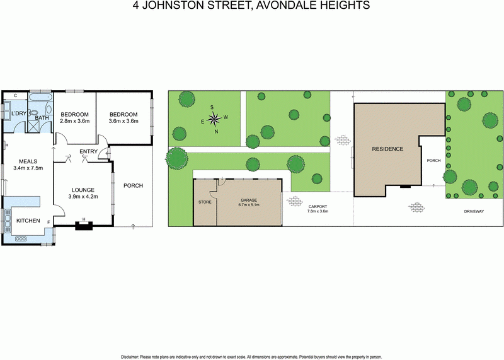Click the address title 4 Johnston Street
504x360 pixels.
click(x=252, y=6)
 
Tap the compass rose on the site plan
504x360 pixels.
click(x=214, y=118)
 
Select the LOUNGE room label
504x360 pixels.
click(x=83, y=189)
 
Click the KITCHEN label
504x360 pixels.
click(x=28, y=221)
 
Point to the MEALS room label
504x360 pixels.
click(x=28, y=161)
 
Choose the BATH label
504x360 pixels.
click(x=42, y=118)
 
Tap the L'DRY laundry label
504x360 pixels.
click(x=19, y=113)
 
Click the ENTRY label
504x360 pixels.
click(x=88, y=151)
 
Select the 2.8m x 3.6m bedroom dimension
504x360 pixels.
click(x=75, y=121)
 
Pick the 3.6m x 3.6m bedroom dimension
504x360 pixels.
click(x=123, y=121)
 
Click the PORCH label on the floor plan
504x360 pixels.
click(x=133, y=185)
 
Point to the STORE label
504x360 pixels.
click(x=204, y=202)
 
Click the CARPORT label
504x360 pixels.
click(x=318, y=206)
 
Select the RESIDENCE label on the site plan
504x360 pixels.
click(x=387, y=149)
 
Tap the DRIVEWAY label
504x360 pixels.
click(x=474, y=211)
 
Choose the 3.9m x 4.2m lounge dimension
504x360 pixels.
click(x=83, y=196)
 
